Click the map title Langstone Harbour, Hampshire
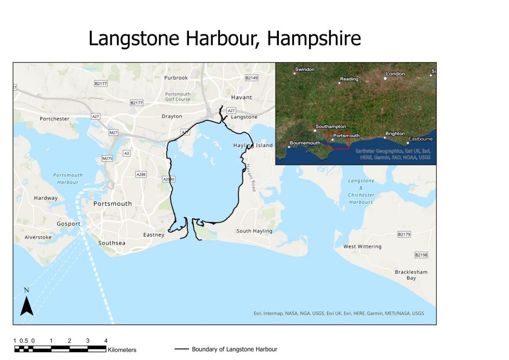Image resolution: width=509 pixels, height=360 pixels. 225,39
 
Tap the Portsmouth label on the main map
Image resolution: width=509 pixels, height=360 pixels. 113,204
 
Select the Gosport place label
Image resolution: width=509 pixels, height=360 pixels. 69,224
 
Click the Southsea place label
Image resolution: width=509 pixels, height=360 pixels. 112,243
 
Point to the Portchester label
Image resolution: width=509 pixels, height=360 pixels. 55,119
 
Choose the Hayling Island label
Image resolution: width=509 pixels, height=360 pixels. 253,145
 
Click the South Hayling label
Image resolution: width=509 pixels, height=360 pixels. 254,231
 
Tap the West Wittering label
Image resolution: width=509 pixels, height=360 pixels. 362,247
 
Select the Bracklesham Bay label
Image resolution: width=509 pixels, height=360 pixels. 411,275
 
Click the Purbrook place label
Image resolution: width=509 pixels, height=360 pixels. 176,78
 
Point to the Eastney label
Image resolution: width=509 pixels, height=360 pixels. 154,235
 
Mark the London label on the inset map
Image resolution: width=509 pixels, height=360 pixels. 396,74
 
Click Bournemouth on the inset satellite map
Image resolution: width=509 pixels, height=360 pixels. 305,143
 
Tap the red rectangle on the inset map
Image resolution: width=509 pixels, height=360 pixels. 338,140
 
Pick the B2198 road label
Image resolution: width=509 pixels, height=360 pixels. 421,255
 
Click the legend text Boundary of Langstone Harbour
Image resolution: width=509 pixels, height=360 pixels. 234,350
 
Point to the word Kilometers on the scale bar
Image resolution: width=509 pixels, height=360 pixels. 122,350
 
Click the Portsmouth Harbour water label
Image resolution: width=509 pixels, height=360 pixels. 68,179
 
